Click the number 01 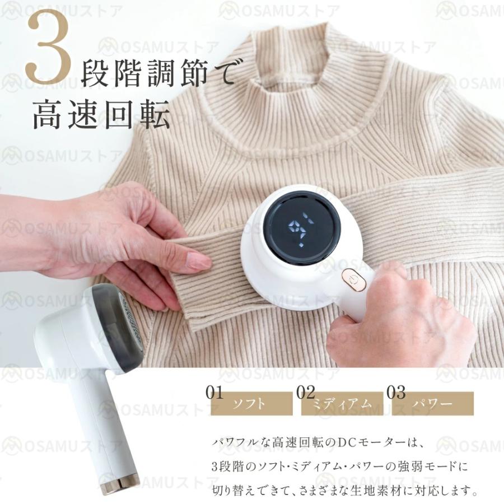coord(214,391)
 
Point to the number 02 coord(306,391)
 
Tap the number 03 coord(396,391)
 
